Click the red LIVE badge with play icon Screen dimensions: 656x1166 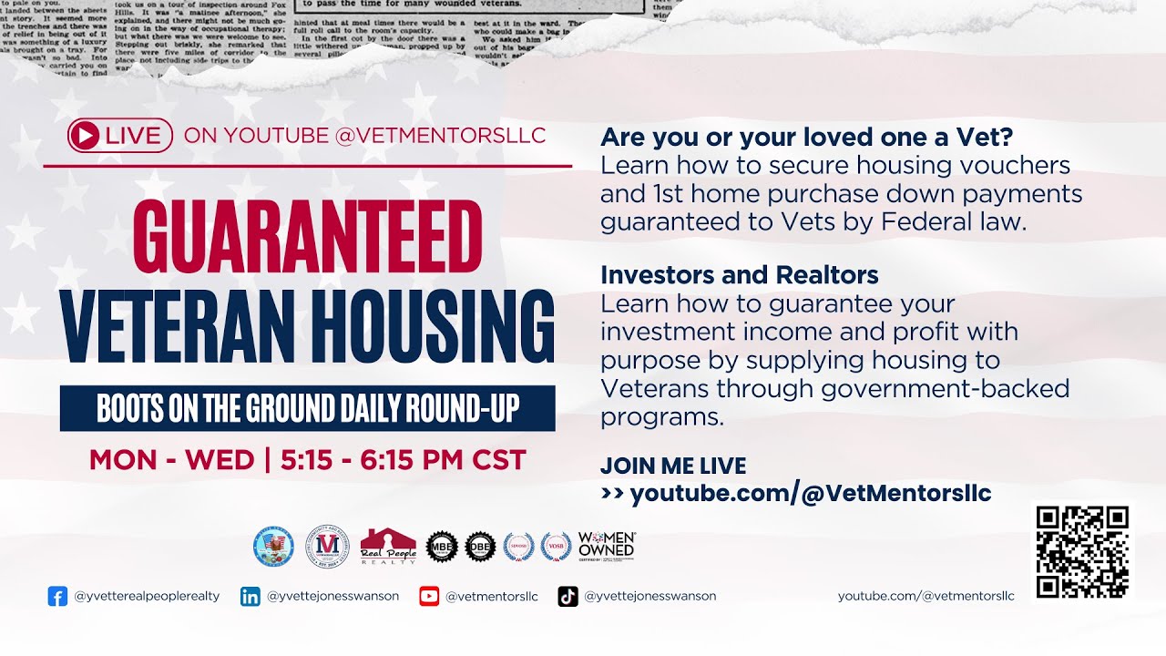tap(119, 136)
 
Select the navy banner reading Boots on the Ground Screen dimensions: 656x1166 tap(307, 409)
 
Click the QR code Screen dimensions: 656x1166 tap(1082, 552)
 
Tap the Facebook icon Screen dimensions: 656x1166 tap(57, 597)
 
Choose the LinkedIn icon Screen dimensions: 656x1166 tap(250, 597)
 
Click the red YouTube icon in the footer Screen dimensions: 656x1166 tap(429, 597)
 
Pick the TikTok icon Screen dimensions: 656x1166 tap(568, 597)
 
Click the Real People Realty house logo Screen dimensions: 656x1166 tap(388, 546)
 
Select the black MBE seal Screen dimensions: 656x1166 tap(441, 546)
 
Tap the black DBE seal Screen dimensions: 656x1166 tap(480, 546)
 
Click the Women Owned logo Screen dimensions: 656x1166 tap(606, 545)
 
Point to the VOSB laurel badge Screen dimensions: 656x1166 tap(556, 546)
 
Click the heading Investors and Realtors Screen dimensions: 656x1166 tap(739, 274)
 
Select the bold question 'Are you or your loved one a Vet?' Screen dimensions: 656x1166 tap(806, 138)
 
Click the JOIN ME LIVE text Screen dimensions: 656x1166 tap(672, 466)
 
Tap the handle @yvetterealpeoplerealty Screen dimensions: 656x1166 tap(147, 597)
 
